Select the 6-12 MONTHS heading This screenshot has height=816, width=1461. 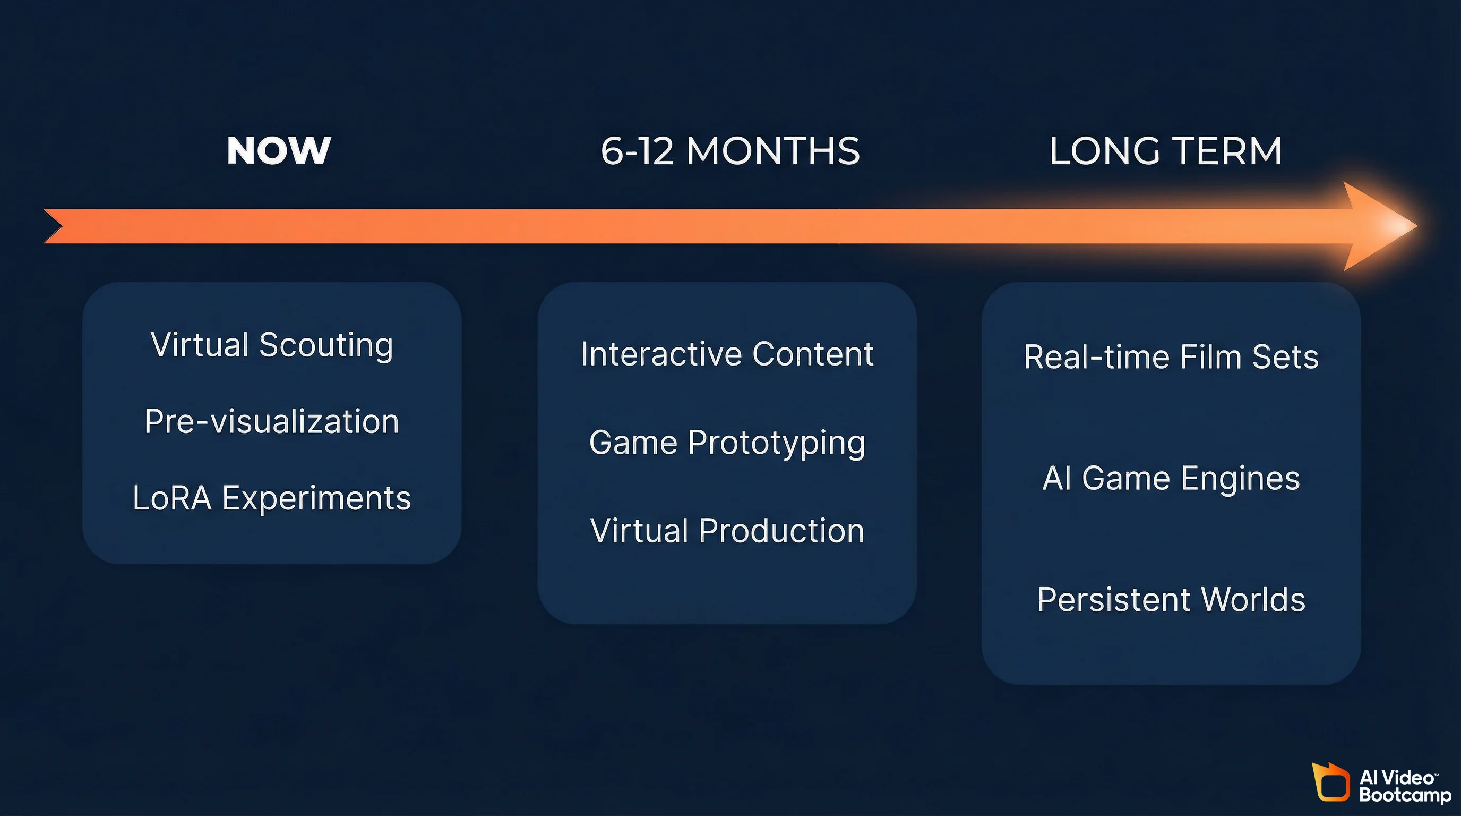click(730, 151)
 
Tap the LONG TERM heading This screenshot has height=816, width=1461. click(1165, 151)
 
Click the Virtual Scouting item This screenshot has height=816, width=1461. click(272, 344)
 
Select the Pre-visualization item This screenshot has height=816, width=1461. click(272, 421)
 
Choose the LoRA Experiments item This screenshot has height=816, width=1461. click(272, 498)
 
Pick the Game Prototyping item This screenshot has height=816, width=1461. click(727, 442)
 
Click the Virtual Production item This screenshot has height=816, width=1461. click(727, 531)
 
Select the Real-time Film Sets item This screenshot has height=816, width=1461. click(1171, 357)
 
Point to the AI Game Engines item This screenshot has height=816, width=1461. click(1171, 478)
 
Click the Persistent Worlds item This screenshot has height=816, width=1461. click(1171, 599)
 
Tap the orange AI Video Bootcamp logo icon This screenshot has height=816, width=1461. click(1330, 783)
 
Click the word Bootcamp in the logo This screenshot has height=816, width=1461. click(1404, 795)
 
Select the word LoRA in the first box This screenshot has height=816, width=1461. click(172, 498)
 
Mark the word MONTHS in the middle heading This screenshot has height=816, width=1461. click(773, 151)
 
